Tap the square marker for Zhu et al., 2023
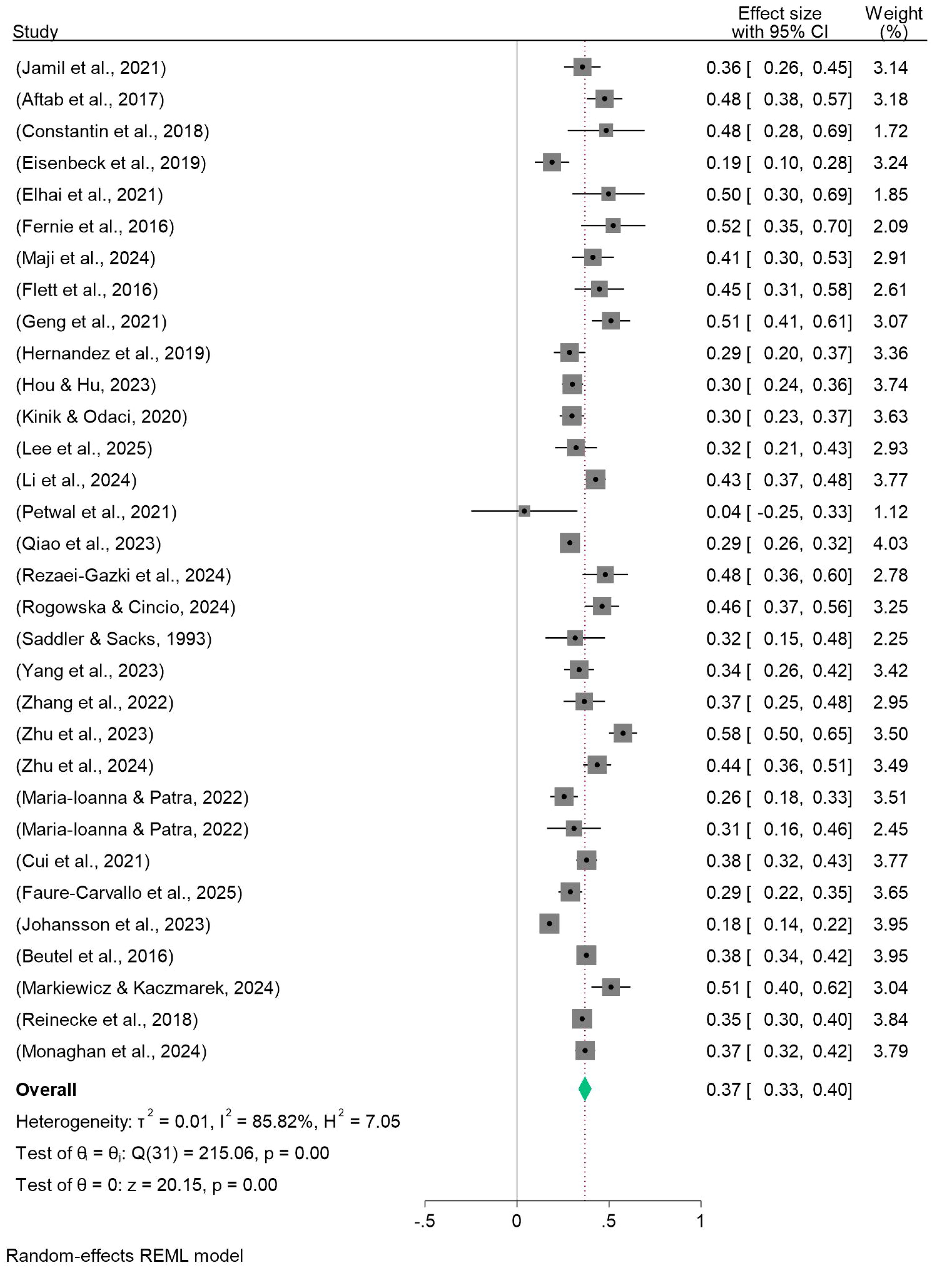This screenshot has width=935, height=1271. tap(623, 733)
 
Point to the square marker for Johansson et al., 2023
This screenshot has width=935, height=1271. tap(549, 923)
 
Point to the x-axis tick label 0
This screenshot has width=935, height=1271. tap(516, 1221)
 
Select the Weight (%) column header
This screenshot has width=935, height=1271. tap(893, 23)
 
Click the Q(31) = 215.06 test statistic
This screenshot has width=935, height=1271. tap(192, 1153)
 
